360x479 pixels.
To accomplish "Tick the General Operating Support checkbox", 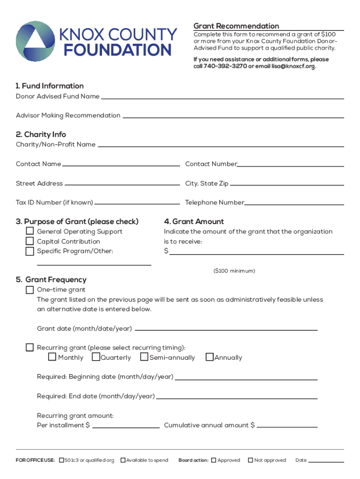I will (29, 231).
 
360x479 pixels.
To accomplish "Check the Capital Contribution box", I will (29, 241).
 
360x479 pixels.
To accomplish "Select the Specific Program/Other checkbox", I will (29, 251).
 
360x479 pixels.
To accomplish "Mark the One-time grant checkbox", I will (29, 290).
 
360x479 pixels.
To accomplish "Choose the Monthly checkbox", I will (52, 357).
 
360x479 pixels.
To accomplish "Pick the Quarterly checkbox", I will (95, 357).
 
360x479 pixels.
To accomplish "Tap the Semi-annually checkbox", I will (144, 357).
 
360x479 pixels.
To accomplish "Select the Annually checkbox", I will (209, 357).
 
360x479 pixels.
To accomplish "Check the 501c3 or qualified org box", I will (61, 460).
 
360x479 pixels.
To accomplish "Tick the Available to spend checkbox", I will (123, 460).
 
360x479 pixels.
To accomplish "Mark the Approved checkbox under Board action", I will (214, 460).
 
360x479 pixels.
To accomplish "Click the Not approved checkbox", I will (251, 460).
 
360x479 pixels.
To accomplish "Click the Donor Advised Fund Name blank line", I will (222, 98).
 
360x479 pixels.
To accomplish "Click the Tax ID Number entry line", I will (137, 204).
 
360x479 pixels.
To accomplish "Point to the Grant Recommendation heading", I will (236, 26).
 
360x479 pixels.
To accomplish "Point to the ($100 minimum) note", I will (234, 271).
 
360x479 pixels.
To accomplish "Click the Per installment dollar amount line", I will (126, 427).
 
